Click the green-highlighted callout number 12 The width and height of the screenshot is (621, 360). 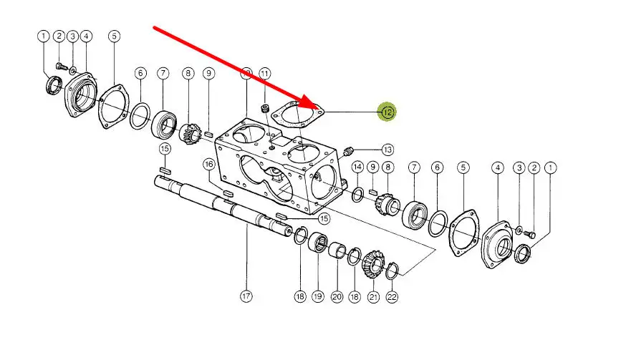click(387, 112)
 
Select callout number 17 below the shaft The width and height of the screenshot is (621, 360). click(246, 296)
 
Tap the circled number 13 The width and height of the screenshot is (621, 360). click(387, 150)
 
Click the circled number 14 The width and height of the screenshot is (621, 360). click(357, 167)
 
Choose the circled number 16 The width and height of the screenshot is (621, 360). click(208, 164)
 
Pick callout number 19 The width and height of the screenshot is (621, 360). click(317, 296)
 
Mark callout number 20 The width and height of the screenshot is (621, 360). click(337, 296)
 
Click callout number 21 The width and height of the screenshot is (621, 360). click(373, 296)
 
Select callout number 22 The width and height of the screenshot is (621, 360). click(392, 296)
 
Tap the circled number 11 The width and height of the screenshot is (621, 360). click(264, 74)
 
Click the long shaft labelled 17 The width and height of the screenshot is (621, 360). click(223, 205)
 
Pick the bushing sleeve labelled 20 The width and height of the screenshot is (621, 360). click(337, 249)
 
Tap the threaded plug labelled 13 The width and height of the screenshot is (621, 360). click(347, 151)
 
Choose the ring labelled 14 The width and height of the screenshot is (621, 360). click(357, 194)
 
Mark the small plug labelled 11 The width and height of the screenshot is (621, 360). click(265, 108)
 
